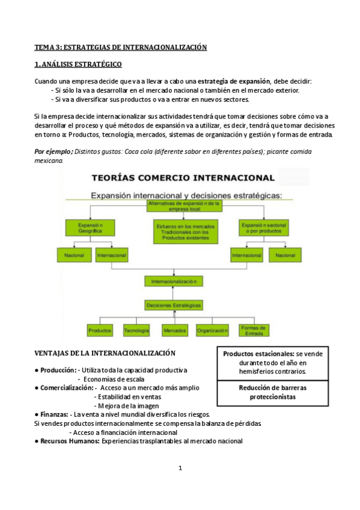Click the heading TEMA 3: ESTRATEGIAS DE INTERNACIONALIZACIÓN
click(x=120, y=47)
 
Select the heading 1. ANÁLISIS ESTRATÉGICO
click(x=78, y=64)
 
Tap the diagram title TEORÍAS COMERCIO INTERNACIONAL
click(x=183, y=177)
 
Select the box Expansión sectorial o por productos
click(x=263, y=227)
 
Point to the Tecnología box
click(x=137, y=331)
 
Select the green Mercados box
click(x=174, y=331)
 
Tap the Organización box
click(x=213, y=331)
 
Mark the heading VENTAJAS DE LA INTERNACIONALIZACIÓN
click(x=105, y=353)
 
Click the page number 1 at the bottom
click(x=180, y=469)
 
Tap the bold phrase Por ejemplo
click(x=53, y=151)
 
